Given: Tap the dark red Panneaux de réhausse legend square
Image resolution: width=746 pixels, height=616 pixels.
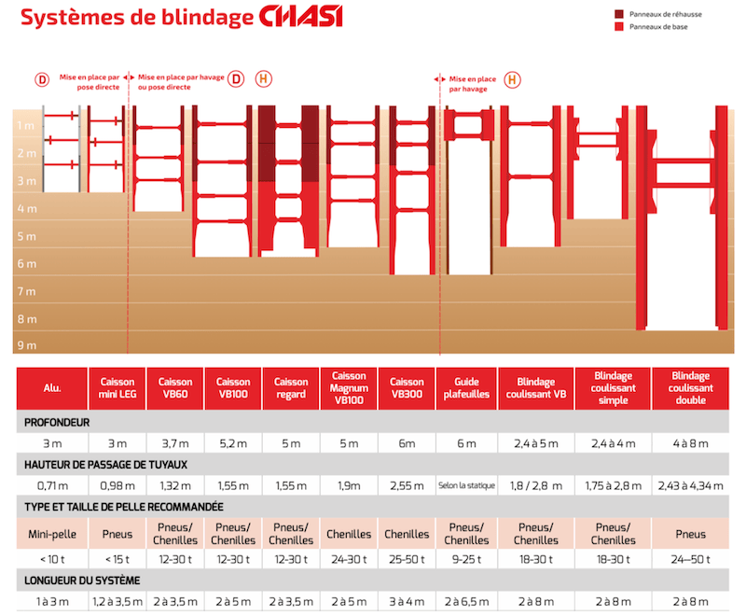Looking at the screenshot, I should click(x=619, y=14).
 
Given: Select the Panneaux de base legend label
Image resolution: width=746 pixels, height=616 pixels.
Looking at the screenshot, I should click(x=665, y=27).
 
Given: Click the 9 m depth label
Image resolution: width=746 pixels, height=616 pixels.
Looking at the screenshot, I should click(x=25, y=345).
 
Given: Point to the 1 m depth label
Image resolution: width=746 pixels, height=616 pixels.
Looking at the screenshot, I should click(x=25, y=126).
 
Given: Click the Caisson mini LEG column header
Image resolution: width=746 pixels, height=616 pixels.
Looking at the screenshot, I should click(x=117, y=388).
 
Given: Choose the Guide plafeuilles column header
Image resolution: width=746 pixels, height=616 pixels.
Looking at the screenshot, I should click(x=465, y=388).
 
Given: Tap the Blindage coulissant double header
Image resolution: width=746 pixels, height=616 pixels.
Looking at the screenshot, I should click(x=690, y=388).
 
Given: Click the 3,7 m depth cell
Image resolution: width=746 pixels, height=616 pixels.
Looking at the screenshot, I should click(x=175, y=443).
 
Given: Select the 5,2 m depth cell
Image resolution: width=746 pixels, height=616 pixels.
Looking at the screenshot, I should click(x=233, y=443).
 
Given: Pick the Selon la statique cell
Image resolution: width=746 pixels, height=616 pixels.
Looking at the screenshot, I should click(x=465, y=485).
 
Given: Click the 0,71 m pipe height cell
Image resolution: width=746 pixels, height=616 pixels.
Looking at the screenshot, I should click(x=52, y=485).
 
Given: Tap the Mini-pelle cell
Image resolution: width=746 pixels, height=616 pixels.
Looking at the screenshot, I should click(x=52, y=534).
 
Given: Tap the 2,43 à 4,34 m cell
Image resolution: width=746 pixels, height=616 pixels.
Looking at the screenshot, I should click(x=690, y=485).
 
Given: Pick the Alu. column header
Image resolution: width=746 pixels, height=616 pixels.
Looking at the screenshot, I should click(x=52, y=388).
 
